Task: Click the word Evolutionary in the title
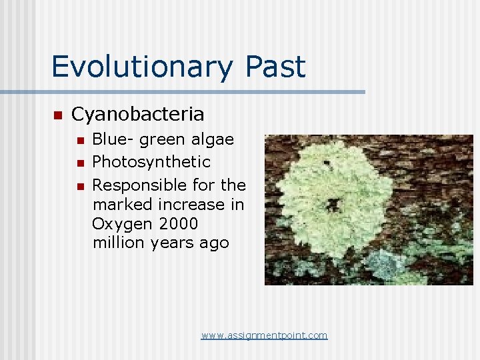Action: tap(140, 67)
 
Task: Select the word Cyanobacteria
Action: tap(137, 115)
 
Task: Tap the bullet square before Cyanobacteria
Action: tap(57, 115)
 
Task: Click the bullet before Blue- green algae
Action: tap(80, 140)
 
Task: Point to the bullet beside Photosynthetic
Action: tap(80, 163)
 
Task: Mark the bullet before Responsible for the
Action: tap(80, 185)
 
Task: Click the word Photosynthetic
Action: tap(151, 162)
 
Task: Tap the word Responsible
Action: tap(139, 185)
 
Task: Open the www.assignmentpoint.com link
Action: tap(264, 335)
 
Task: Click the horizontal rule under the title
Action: tap(183, 91)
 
